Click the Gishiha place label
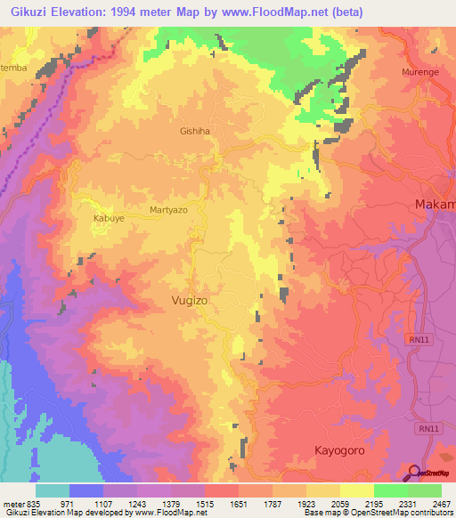pyautogui.click(x=194, y=131)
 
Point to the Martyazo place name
pyautogui.click(x=168, y=211)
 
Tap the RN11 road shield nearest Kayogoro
pyautogui.click(x=430, y=428)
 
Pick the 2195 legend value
pyautogui.click(x=360, y=504)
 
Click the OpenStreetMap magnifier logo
pyautogui.click(x=412, y=472)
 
